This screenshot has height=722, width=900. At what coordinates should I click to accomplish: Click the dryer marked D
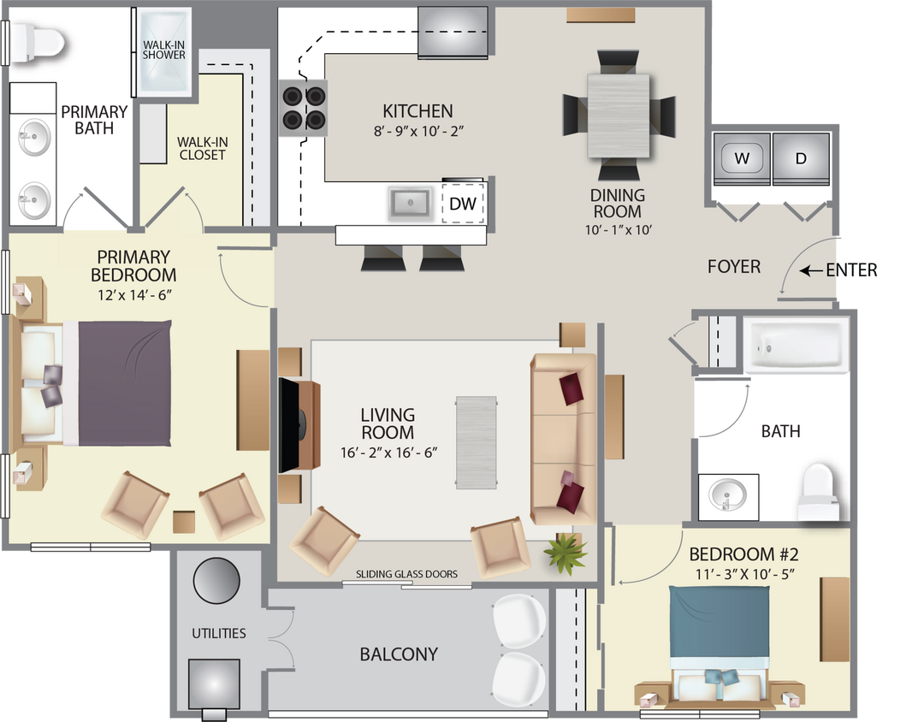tap(801, 159)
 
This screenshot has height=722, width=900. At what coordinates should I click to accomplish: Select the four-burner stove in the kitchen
tap(305, 108)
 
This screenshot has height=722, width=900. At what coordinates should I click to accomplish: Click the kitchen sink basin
tap(410, 204)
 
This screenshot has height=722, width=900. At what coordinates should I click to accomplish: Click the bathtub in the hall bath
tap(796, 347)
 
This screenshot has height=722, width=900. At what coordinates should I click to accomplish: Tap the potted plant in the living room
tap(565, 553)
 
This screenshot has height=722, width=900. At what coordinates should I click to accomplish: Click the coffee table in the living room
tap(476, 441)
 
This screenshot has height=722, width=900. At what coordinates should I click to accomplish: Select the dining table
tap(618, 115)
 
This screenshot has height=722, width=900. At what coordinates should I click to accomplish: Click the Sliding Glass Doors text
tap(406, 574)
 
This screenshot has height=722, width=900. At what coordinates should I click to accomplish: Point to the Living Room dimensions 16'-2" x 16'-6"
tap(388, 452)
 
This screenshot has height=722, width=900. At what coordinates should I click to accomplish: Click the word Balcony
tap(399, 654)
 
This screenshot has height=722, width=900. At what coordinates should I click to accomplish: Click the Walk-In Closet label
tap(202, 148)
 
